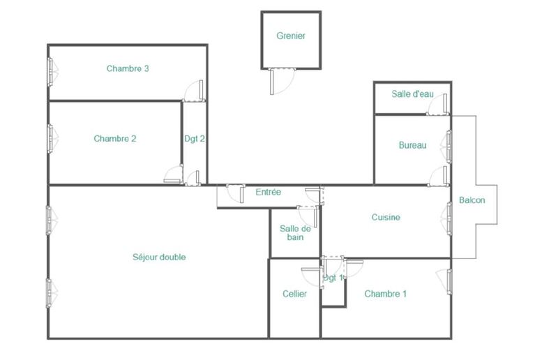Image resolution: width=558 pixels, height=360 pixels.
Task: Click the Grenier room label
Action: (291, 36)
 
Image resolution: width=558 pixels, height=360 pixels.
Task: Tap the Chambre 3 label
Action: (128, 68)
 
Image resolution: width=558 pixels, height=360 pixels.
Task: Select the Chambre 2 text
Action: (114, 139)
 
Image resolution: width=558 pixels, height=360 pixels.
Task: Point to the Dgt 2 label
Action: (195, 139)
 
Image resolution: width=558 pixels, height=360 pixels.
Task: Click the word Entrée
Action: (268, 193)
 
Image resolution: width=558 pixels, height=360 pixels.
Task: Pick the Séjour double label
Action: (159, 257)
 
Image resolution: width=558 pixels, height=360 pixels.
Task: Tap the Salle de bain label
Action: (295, 233)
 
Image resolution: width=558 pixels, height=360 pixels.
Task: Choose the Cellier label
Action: (294, 294)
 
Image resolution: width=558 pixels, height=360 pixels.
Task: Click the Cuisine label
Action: (386, 217)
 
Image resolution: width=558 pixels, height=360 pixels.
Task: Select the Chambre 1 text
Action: (386, 294)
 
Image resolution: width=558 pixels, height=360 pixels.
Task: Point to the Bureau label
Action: (412, 145)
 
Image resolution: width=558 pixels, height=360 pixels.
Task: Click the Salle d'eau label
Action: (412, 94)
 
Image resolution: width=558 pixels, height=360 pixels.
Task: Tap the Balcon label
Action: (472, 200)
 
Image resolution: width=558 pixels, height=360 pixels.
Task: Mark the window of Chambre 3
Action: (50, 72)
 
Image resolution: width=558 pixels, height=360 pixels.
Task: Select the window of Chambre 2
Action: (50, 139)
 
